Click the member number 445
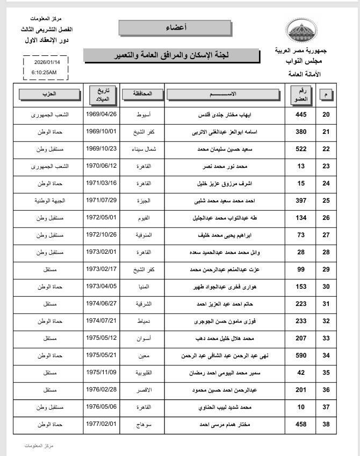[x=300, y=115]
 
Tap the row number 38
[x=326, y=425]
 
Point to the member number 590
[x=300, y=356]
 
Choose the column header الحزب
[x=48, y=94]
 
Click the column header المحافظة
[x=142, y=94]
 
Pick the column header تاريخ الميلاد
[x=102, y=94]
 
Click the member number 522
[x=300, y=148]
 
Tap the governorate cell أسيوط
[x=142, y=115]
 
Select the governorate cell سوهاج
[x=142, y=425]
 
